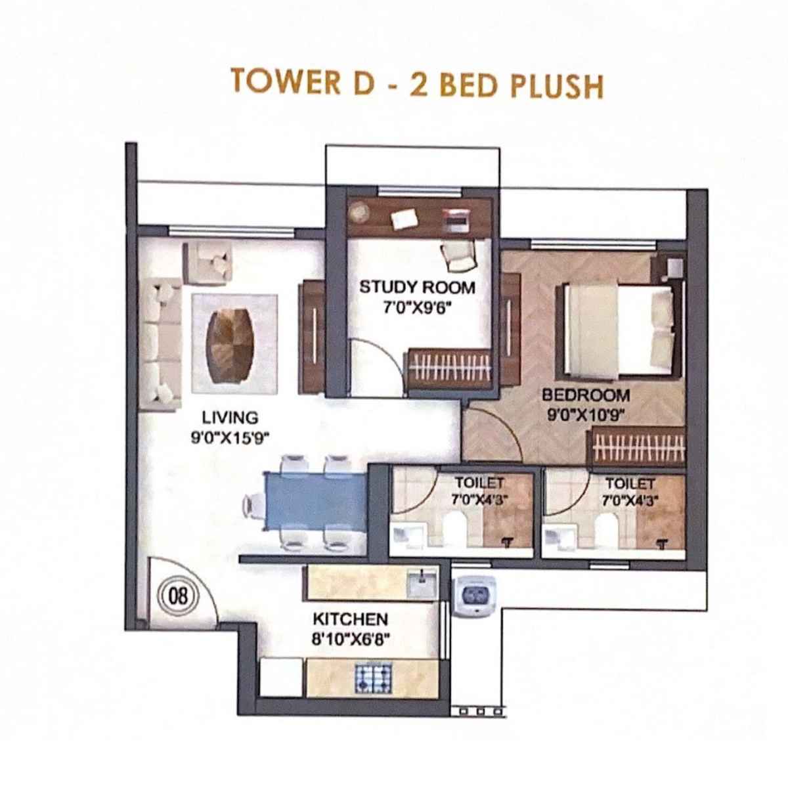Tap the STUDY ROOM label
click(x=417, y=287)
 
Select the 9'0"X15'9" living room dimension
click(x=230, y=439)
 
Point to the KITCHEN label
click(x=350, y=619)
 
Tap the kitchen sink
click(x=420, y=584)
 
